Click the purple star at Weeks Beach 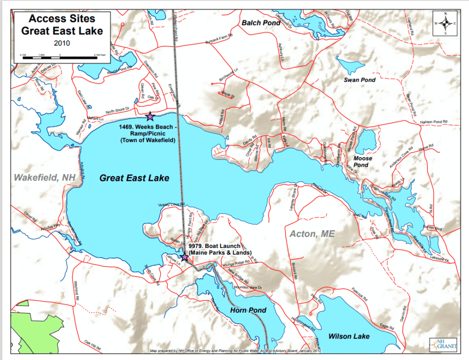click(x=150, y=116)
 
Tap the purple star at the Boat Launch click(x=185, y=258)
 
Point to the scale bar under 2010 click(x=60, y=57)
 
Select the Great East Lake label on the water click(x=134, y=178)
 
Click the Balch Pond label click(x=261, y=22)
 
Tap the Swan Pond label click(x=359, y=80)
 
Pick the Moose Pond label click(x=362, y=161)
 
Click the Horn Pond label click(x=248, y=310)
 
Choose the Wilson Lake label click(x=348, y=337)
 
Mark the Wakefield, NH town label click(x=45, y=177)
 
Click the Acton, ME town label click(x=312, y=234)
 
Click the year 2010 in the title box click(x=62, y=43)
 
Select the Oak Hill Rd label click(x=93, y=343)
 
